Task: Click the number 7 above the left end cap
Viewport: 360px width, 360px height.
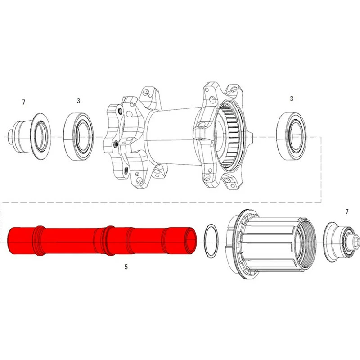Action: [24, 103]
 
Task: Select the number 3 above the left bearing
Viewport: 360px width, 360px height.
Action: [78, 101]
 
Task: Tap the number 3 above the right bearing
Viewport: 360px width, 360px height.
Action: [292, 98]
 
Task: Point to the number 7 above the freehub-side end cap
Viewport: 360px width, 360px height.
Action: [346, 211]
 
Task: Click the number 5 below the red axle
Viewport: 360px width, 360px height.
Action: [126, 267]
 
